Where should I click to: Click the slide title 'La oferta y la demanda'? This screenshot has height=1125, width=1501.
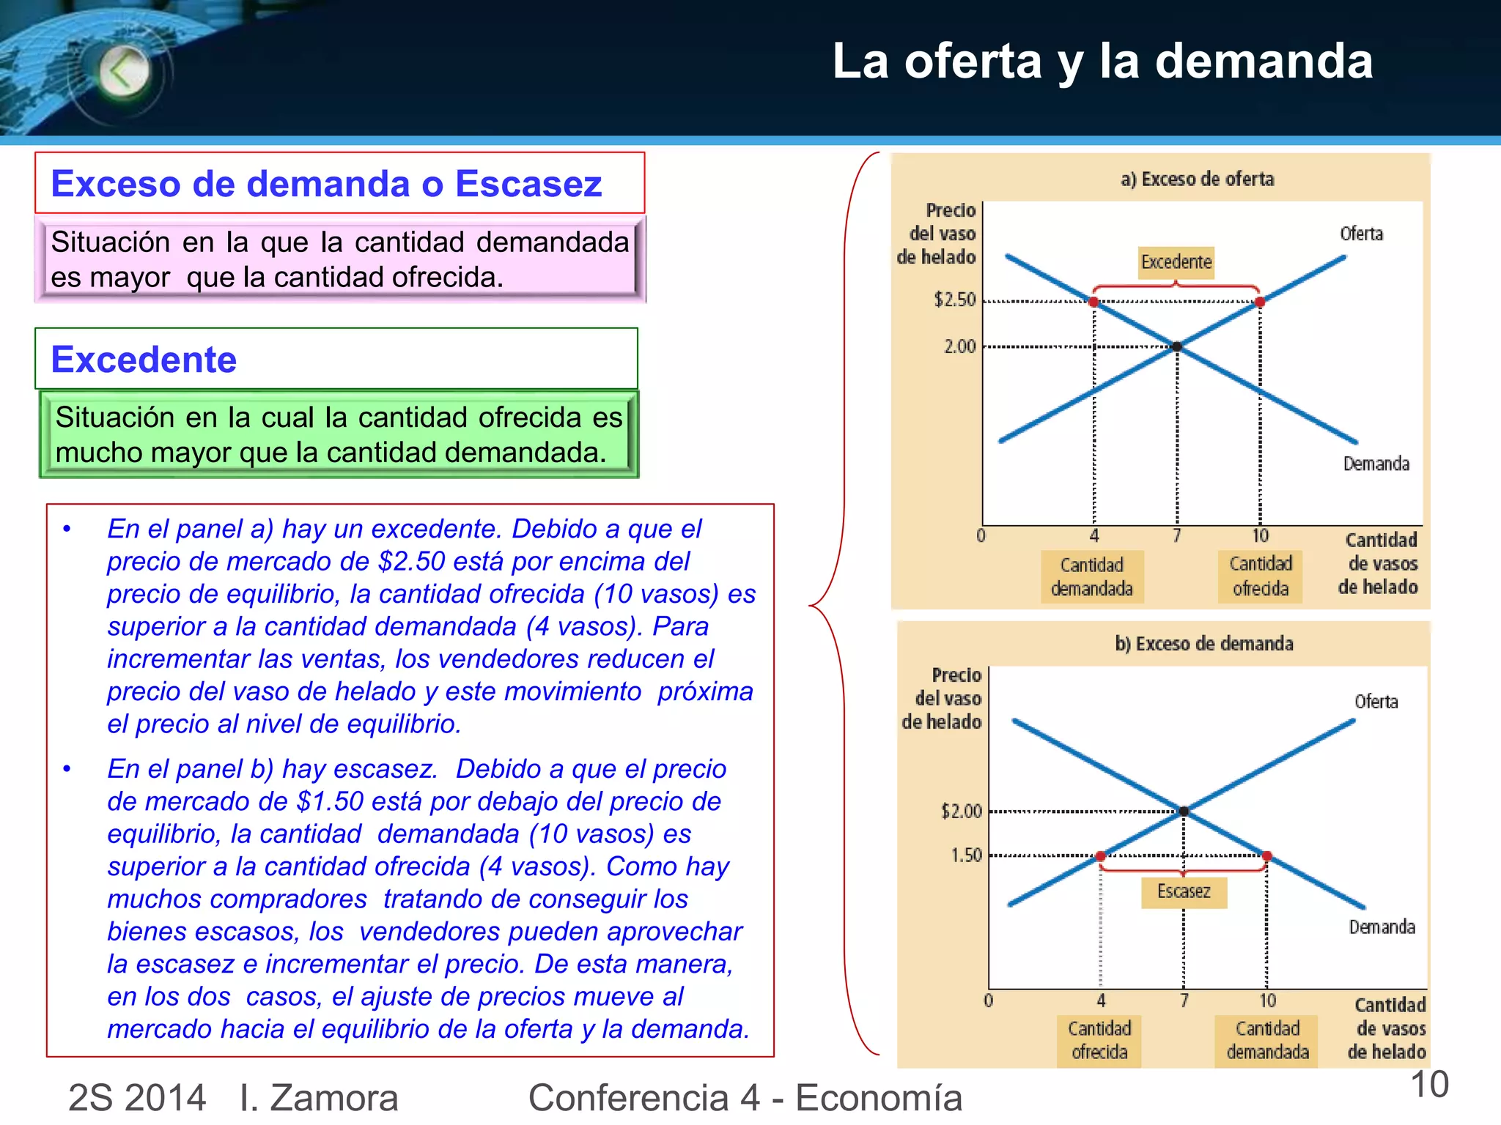pos(1102,61)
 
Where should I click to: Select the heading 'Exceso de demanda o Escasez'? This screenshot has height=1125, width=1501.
pos(327,183)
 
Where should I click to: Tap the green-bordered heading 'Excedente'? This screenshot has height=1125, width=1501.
pos(144,360)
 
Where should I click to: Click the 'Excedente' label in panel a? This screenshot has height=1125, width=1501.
pos(1176,262)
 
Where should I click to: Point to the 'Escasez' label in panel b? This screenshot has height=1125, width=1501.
pos(1184,891)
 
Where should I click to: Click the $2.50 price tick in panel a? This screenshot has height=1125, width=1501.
pos(955,300)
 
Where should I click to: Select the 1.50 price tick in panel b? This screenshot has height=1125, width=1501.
pos(966,855)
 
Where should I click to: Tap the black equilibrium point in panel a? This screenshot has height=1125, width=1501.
pos(1177,346)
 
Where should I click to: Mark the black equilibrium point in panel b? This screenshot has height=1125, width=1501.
pos(1184,811)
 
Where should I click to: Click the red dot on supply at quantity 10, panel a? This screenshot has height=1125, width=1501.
pos(1260,302)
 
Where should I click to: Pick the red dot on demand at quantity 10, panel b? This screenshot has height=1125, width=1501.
pos(1267,855)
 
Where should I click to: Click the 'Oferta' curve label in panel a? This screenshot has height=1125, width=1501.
pos(1361,234)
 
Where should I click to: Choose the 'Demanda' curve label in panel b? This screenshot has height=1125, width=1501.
pos(1382,927)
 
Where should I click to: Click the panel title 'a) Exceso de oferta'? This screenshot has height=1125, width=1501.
pos(1197,179)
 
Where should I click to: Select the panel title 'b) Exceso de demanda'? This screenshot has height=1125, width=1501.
pos(1203,644)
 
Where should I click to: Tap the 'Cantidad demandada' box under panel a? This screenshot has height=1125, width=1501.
pos(1092,576)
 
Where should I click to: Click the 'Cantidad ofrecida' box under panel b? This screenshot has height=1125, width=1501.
pos(1099,1040)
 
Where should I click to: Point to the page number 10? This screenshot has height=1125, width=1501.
pos(1429,1084)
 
